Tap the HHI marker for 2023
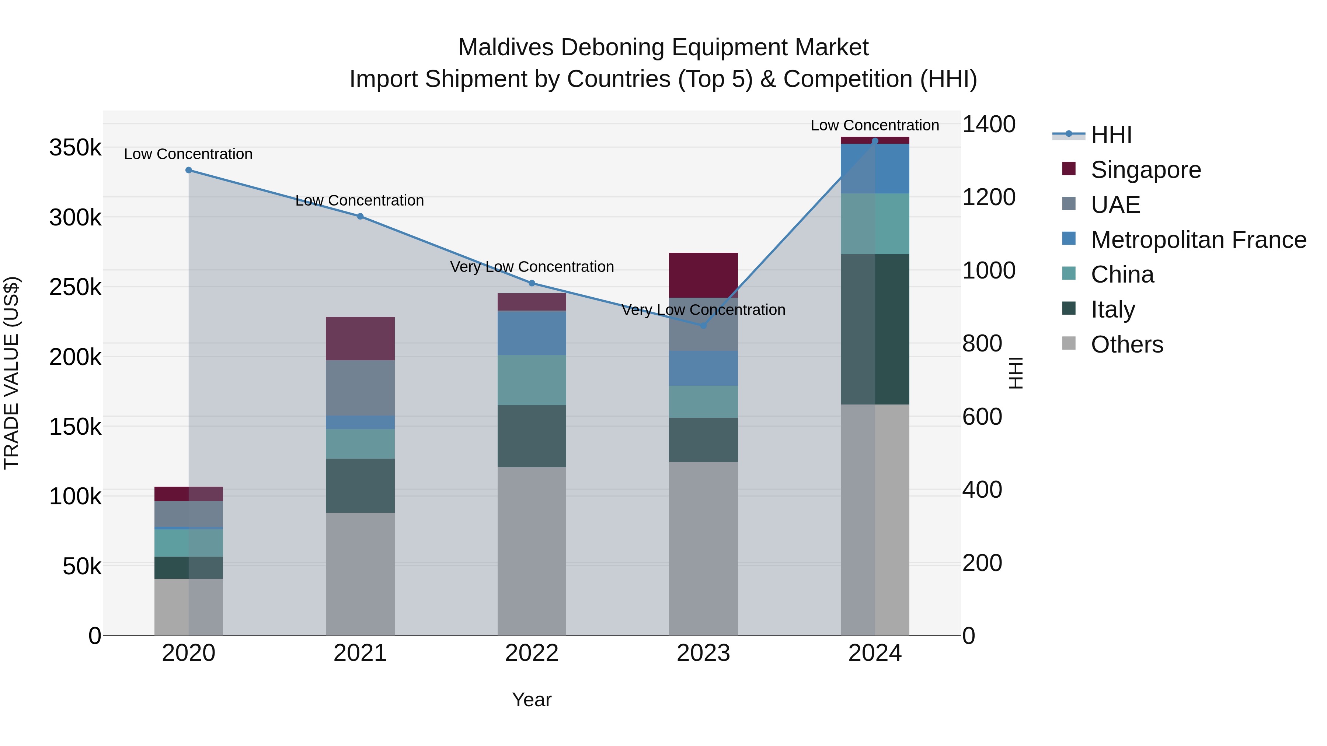(x=704, y=325)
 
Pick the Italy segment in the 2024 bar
(x=875, y=329)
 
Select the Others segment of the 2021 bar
(x=360, y=574)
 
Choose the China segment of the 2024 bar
(x=875, y=224)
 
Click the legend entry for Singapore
(x=1146, y=170)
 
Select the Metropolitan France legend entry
(x=1198, y=240)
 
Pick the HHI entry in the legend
(x=1111, y=135)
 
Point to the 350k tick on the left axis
(x=75, y=148)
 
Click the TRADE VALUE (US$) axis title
(x=11, y=373)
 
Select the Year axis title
(x=532, y=700)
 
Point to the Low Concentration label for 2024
(x=875, y=125)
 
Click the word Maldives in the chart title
(x=505, y=48)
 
